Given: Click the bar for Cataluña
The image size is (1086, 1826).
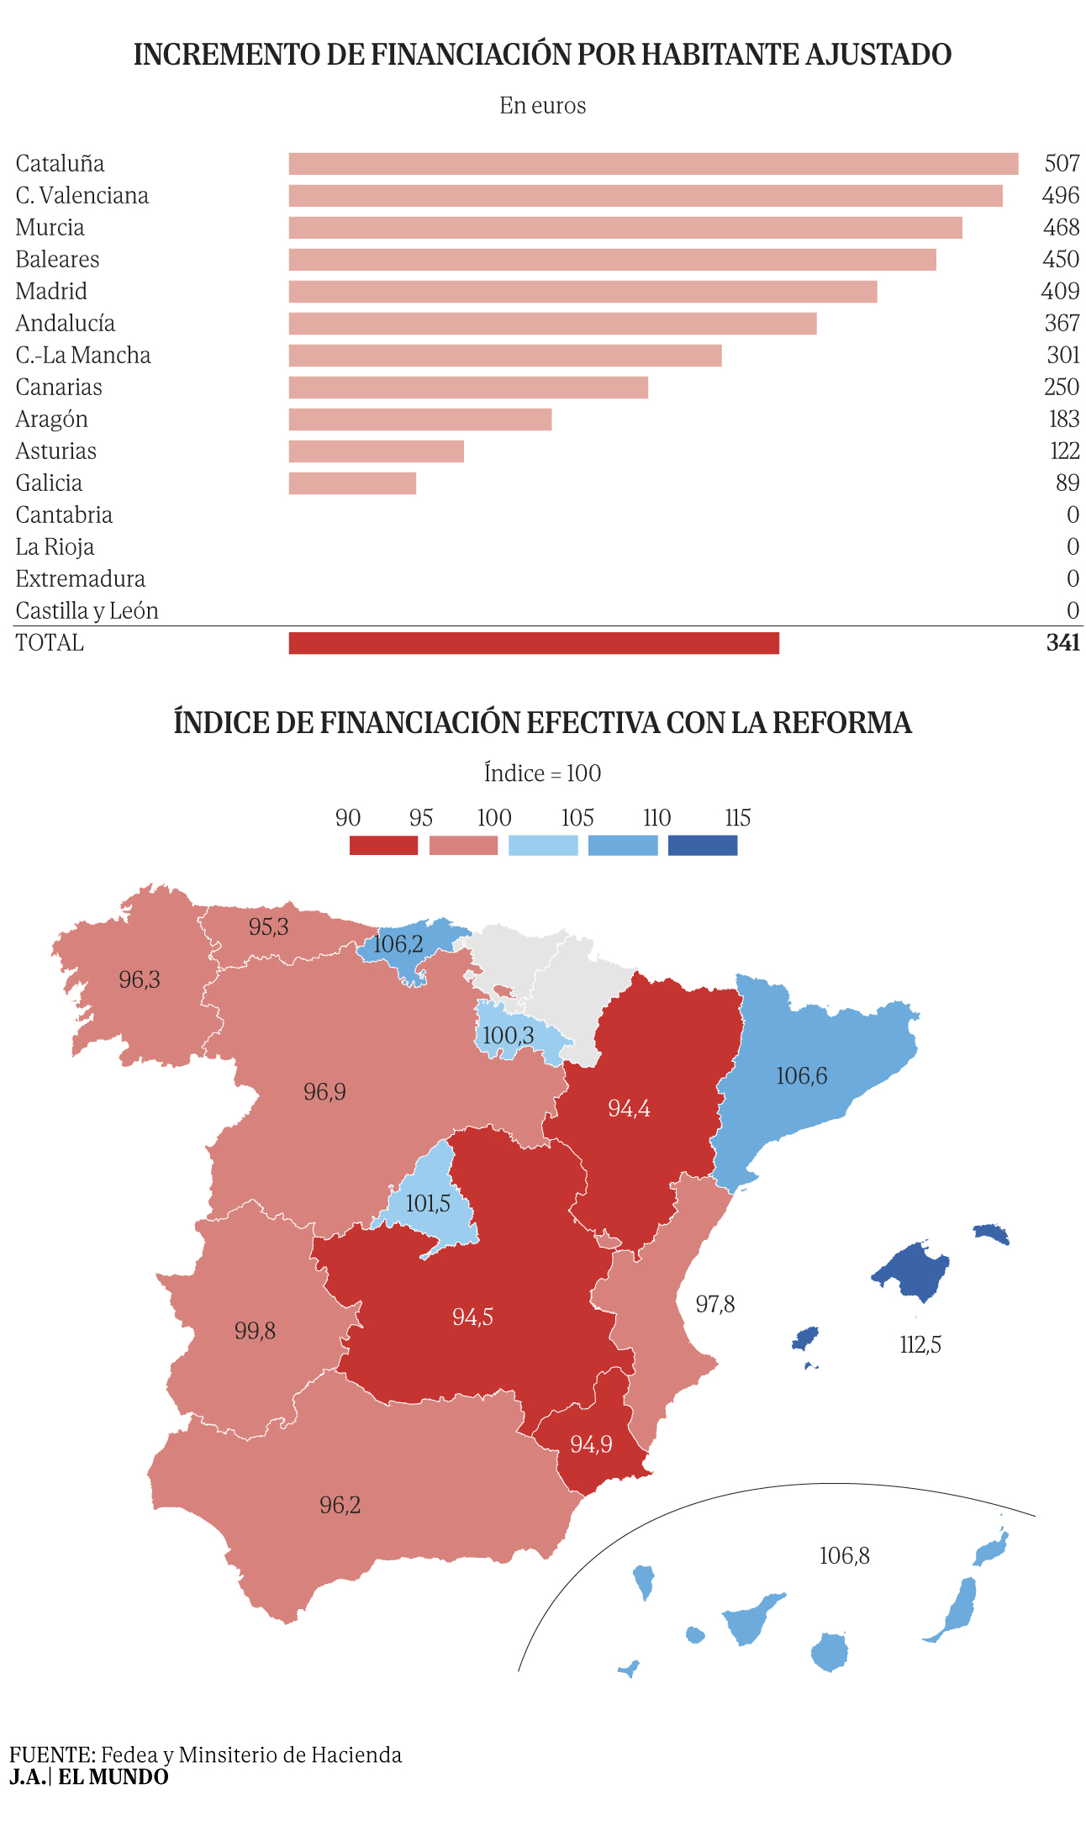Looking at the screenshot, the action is [653, 164].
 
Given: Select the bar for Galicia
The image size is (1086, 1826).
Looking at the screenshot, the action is [352, 483].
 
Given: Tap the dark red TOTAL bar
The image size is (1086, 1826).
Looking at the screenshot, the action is [534, 643].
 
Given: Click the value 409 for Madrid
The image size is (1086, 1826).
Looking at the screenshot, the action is [1060, 291].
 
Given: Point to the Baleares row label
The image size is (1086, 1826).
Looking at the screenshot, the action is [57, 259].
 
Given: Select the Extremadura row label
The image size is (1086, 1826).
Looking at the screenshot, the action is [80, 578].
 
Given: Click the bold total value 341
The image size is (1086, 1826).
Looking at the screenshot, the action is [1063, 642].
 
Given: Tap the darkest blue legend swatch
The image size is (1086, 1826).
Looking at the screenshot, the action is [703, 845].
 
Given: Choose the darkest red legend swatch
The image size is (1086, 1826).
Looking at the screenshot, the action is [383, 845].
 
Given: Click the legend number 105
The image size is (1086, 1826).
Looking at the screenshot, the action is [577, 818].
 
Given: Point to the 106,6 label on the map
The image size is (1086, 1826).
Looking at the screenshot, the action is [802, 1076].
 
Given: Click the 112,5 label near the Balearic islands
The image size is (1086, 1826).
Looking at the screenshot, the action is [920, 1345].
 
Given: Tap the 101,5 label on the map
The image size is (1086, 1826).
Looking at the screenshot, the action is [428, 1204].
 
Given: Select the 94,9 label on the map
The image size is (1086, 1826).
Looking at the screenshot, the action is [591, 1444].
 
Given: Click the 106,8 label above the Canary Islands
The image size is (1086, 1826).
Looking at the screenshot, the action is [845, 1555].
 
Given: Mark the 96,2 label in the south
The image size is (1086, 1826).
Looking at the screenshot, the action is [340, 1505].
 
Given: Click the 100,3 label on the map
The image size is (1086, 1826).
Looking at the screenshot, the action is [508, 1035].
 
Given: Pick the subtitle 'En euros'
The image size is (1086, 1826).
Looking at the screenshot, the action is [543, 105].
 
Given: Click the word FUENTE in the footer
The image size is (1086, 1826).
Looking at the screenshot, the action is [52, 1755].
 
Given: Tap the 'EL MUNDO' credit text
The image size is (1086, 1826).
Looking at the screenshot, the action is [113, 1777].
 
